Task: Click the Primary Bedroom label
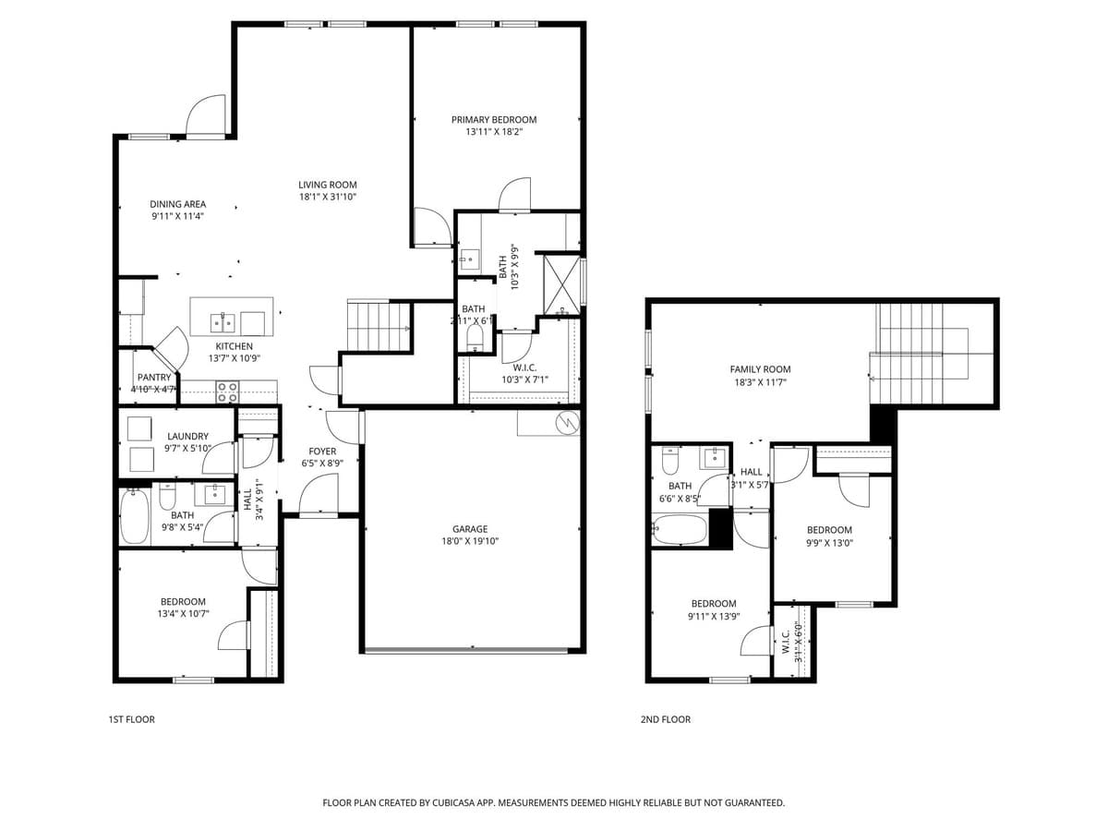493,119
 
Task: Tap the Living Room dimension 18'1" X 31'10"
327,197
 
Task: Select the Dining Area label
178,204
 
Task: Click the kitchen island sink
223,322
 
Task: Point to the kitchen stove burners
227,392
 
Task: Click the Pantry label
154,378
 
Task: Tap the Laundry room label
187,436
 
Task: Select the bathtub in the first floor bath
135,517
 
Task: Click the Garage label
470,529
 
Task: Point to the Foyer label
322,452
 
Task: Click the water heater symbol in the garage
566,423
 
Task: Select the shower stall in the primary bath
560,279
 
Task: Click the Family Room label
760,369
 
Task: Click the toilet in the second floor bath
671,460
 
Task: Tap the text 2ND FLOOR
665,719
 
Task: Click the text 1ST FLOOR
131,719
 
